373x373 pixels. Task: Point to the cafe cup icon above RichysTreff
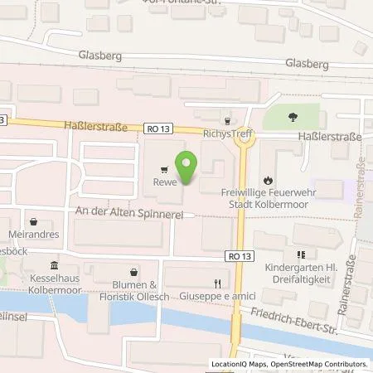point(226,119)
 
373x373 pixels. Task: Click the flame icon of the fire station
point(267,180)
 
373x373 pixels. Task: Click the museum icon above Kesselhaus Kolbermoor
point(55,266)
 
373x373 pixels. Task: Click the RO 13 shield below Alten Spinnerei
point(236,257)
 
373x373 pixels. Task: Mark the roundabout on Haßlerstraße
point(245,138)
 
